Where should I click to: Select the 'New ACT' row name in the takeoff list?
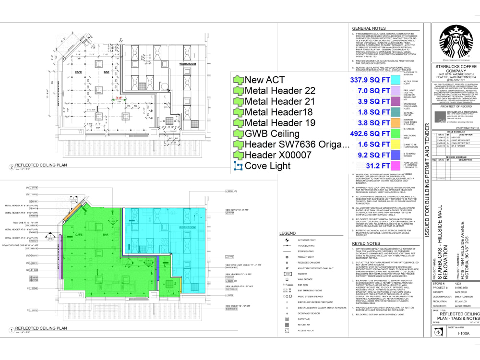(x=264, y=80)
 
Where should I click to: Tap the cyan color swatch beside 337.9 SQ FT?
(x=396, y=80)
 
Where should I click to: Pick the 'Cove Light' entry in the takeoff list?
(x=267, y=166)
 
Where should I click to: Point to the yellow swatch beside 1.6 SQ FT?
(x=396, y=144)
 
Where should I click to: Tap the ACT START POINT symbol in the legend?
(x=287, y=240)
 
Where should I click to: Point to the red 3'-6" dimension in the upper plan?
(x=118, y=97)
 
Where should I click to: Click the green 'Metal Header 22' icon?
(x=238, y=91)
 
